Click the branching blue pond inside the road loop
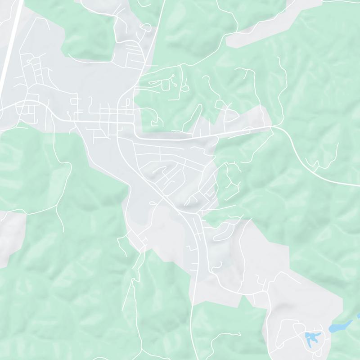click(312, 336)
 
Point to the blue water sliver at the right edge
click(358, 315)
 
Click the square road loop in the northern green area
click(173, 82)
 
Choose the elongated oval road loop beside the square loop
click(155, 83)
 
